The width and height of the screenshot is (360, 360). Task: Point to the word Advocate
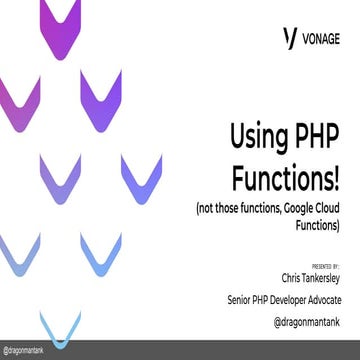(x=322, y=299)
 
